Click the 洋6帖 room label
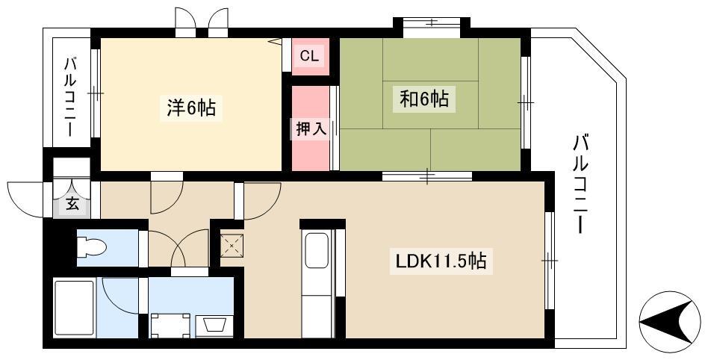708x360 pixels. click(x=191, y=108)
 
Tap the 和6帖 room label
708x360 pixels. click(x=424, y=99)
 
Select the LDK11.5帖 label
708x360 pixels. click(x=441, y=261)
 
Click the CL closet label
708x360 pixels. click(x=309, y=56)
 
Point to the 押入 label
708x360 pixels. click(x=311, y=129)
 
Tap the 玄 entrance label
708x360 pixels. click(x=72, y=204)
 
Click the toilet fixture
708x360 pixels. click(x=92, y=247)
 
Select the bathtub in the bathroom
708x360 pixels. click(x=74, y=308)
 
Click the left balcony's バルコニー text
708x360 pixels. click(x=70, y=96)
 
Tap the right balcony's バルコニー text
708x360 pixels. click(x=582, y=184)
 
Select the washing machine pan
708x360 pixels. click(x=170, y=325)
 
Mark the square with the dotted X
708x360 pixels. click(x=232, y=246)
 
